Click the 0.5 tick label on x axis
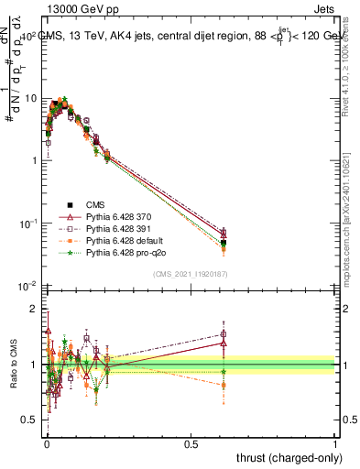[x=191, y=442]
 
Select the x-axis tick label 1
[x=336, y=442]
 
